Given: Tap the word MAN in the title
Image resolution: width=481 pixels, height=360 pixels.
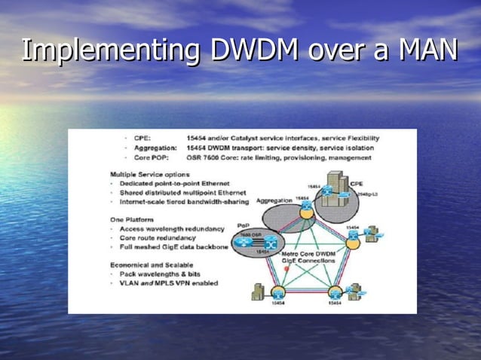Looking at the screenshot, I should point(428,50).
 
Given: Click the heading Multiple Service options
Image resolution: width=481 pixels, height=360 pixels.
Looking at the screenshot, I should point(150,175).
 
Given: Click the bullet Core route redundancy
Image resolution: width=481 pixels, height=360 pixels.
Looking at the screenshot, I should point(158,237).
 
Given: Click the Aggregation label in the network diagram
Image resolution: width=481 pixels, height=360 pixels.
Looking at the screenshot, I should point(274,200).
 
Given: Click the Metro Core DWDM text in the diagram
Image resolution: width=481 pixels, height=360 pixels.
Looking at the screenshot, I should point(308,254).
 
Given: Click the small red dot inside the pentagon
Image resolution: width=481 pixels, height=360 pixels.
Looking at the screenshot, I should point(287,268).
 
